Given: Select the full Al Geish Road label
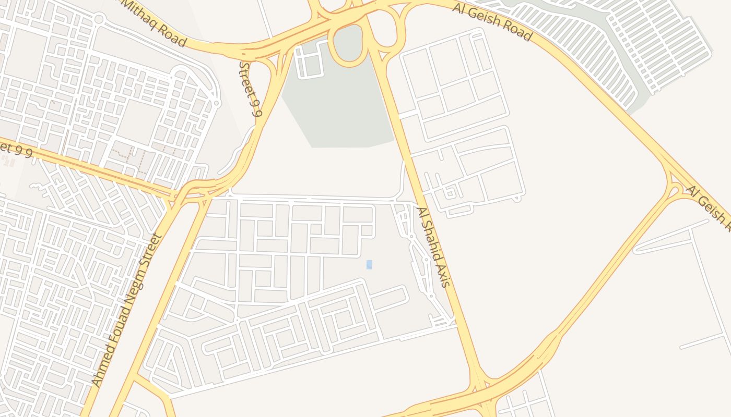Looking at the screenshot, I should click(x=492, y=22).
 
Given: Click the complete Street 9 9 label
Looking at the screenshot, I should click(x=251, y=89).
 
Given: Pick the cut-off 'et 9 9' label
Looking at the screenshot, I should click(x=17, y=150).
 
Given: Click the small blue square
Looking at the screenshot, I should click(x=369, y=265).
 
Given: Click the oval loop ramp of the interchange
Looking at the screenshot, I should click(x=348, y=46).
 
